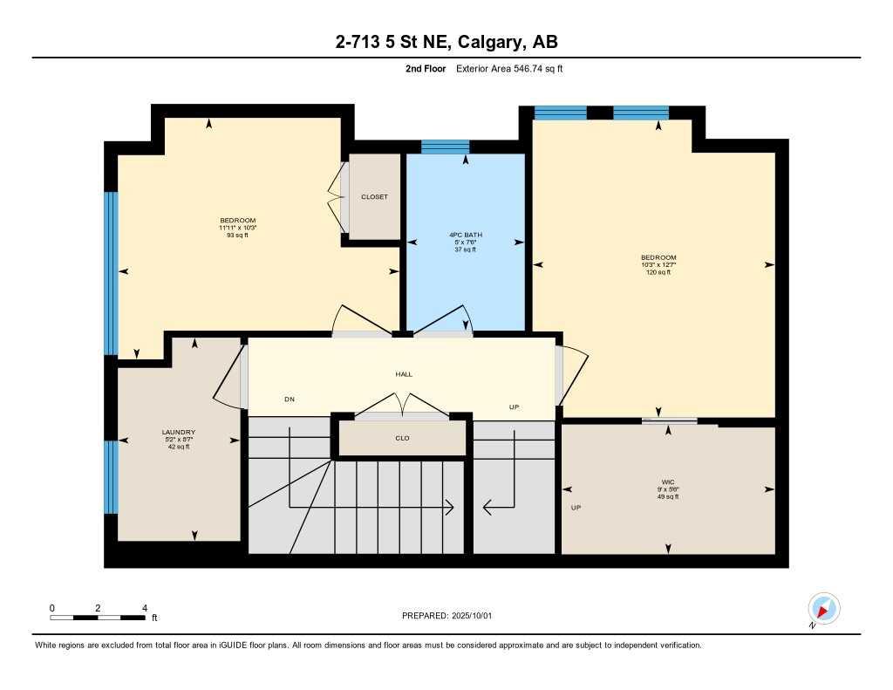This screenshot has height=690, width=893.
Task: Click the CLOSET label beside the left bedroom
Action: click(x=374, y=197)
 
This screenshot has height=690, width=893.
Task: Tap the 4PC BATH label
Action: click(x=466, y=235)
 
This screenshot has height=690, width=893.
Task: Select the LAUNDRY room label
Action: click(x=178, y=432)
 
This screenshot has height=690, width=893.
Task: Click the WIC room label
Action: click(x=668, y=482)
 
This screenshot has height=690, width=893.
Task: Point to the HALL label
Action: click(x=403, y=374)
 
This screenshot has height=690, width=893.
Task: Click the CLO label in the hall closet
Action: click(x=402, y=438)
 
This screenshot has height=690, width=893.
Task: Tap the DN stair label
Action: click(x=290, y=400)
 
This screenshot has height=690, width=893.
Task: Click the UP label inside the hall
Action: click(x=515, y=407)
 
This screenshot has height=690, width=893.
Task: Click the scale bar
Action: click(x=98, y=618)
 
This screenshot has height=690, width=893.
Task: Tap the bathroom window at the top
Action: click(x=445, y=147)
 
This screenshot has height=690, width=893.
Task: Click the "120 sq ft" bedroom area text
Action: click(x=658, y=272)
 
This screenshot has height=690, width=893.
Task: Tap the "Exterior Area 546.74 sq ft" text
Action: click(x=509, y=69)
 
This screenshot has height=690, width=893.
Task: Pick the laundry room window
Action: click(x=111, y=476)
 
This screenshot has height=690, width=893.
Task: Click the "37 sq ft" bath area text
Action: click(x=466, y=249)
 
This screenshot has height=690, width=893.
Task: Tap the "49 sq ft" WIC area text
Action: click(x=668, y=496)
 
